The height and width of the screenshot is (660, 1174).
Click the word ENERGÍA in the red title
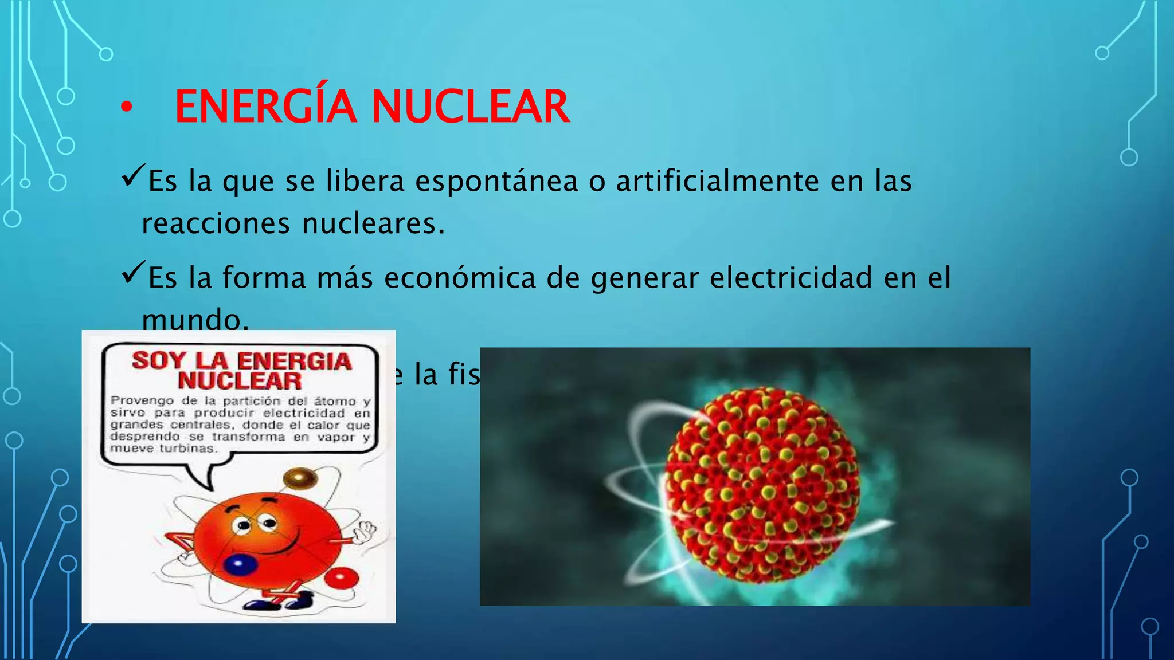click(265, 107)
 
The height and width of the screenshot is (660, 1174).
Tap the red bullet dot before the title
click(127, 107)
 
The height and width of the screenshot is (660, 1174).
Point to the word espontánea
click(496, 182)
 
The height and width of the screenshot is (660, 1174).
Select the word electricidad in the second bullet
click(791, 278)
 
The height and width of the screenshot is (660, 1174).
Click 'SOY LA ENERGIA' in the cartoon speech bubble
click(241, 361)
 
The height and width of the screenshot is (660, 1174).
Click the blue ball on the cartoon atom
click(240, 564)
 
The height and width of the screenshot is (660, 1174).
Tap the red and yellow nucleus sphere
click(763, 485)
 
